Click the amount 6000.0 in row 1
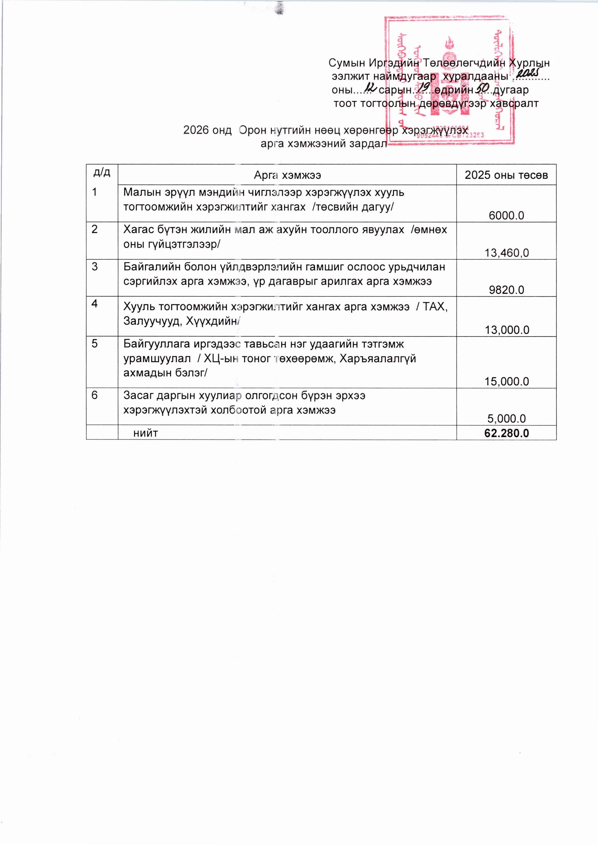(506, 215)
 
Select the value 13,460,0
(507, 253)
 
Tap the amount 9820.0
(506, 290)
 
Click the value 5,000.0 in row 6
(507, 419)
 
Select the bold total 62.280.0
(507, 433)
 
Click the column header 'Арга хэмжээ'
(287, 175)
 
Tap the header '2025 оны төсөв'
(506, 175)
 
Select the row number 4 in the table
(95, 304)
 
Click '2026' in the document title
(195, 130)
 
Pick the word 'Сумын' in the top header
(347, 63)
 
